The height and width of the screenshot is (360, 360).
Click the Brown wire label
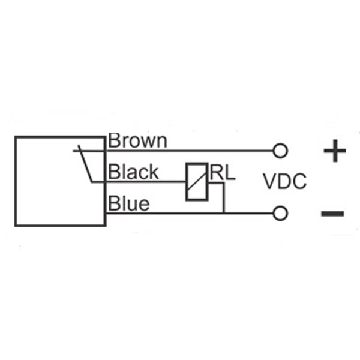(x=137, y=140)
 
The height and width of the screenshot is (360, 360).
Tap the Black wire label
(x=133, y=171)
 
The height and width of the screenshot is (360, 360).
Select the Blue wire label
(x=129, y=203)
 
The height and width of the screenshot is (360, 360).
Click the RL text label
(x=223, y=172)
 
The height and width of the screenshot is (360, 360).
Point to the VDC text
(x=284, y=181)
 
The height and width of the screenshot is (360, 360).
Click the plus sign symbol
(x=335, y=151)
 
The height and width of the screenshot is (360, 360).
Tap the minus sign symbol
(x=332, y=214)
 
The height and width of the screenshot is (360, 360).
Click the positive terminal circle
(x=280, y=151)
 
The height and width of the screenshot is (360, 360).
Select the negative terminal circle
(x=280, y=214)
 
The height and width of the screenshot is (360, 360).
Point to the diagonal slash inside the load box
(x=197, y=181)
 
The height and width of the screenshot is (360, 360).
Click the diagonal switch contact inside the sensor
(x=85, y=164)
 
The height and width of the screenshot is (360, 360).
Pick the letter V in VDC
(x=270, y=181)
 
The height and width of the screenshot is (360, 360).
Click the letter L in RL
(x=230, y=172)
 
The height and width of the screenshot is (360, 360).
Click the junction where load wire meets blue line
(x=224, y=213)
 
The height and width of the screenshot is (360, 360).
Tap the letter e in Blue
(x=145, y=205)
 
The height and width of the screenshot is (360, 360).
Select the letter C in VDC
(x=299, y=181)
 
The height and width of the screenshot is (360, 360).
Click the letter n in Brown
(x=162, y=142)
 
